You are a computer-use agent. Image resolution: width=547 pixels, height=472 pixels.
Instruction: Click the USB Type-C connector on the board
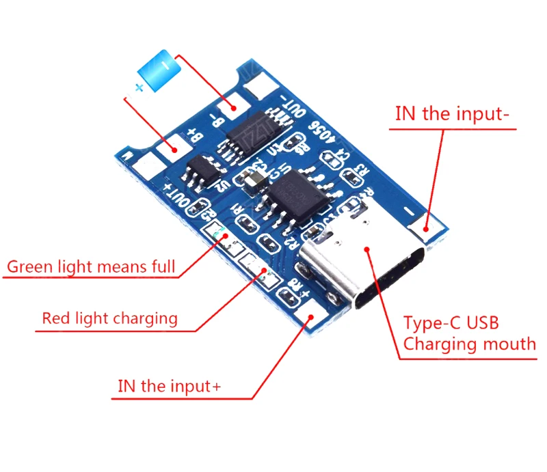tap(366, 266)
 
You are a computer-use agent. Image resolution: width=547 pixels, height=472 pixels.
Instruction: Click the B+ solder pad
tap(169, 145)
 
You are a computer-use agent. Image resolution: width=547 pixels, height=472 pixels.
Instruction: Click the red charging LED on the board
tap(265, 275)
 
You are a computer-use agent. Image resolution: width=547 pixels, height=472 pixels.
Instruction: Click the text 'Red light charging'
tap(109, 318)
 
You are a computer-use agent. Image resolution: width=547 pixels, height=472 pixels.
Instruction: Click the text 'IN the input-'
tap(452, 113)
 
